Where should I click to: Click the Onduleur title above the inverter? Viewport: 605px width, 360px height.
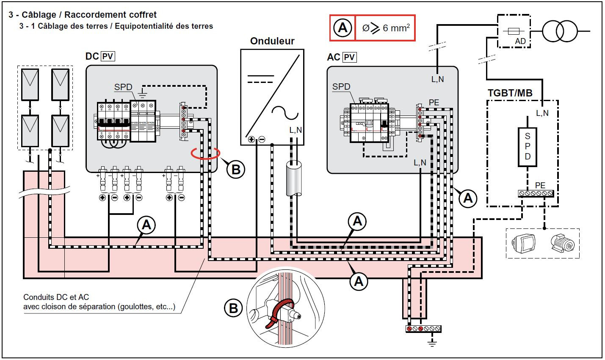[x=272, y=41]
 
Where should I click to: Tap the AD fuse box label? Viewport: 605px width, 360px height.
[x=520, y=41]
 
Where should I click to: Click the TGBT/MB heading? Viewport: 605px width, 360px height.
[x=510, y=93]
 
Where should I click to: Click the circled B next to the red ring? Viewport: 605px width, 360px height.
[x=236, y=169]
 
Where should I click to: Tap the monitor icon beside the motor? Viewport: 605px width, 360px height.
[x=524, y=243]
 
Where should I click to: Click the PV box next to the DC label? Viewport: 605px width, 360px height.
[x=108, y=56]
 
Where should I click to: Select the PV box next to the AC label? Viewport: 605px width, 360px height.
[x=349, y=57]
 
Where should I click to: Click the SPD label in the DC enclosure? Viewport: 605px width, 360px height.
[x=123, y=87]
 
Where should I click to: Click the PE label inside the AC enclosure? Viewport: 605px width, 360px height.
[x=434, y=103]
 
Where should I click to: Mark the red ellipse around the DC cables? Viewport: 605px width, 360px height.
[x=205, y=153]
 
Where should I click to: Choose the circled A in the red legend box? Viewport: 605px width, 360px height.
[x=343, y=28]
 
